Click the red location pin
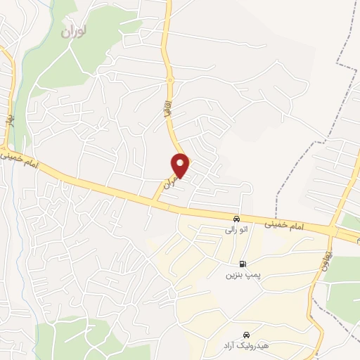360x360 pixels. coord(181,165)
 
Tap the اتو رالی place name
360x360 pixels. coord(233,229)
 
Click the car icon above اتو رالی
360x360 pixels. coord(237,219)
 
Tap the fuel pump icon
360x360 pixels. coord(243,264)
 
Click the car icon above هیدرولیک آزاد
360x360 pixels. coord(246,335)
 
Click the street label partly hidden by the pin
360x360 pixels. coord(167,181)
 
